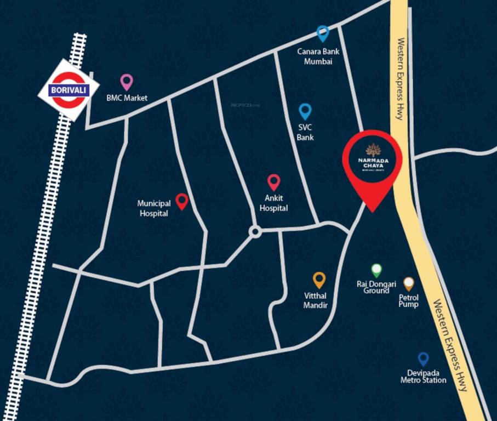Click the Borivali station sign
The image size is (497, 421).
tap(68, 89)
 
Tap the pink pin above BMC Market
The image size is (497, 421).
tap(127, 82)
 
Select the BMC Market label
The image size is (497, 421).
tap(127, 99)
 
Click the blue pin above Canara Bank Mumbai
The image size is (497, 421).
tap(323, 33)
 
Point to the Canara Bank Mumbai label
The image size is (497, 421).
tap(318, 56)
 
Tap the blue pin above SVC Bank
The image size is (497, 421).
tap(305, 111)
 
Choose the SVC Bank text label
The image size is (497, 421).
tap(305, 133)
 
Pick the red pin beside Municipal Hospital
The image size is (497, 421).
tap(182, 201)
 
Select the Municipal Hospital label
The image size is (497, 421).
tap(154, 208)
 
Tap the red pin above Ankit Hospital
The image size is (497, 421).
tap(273, 182)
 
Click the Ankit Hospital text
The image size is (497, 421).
tap(273, 204)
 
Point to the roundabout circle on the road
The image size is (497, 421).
tap(254, 232)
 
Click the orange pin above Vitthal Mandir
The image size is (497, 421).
tap(319, 280)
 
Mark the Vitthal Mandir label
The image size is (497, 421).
tap(316, 301)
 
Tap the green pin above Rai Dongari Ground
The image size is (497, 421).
tap(376, 270)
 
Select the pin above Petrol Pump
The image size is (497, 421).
tap(409, 283)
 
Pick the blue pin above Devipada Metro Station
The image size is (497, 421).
tap(423, 359)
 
